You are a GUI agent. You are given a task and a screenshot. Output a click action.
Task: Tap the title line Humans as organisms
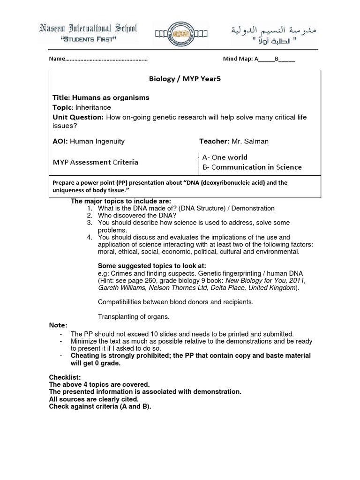pyautogui.click(x=101, y=97)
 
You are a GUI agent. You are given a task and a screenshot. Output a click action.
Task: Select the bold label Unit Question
pyautogui.click(x=78, y=117)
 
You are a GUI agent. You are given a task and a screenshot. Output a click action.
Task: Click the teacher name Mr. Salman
pyautogui.click(x=250, y=141)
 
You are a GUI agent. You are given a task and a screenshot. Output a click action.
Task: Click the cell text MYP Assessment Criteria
pyautogui.click(x=95, y=162)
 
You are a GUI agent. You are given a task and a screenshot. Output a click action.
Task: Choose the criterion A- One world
pyautogui.click(x=225, y=157)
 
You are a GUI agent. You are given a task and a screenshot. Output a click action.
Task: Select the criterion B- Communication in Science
pyautogui.click(x=252, y=167)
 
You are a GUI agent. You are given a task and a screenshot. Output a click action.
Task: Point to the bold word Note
pyautogui.click(x=58, y=325)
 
